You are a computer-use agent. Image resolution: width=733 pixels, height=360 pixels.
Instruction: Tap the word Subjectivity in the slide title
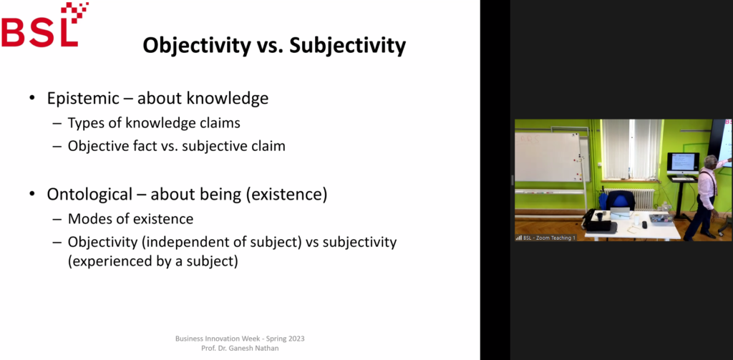[x=347, y=46]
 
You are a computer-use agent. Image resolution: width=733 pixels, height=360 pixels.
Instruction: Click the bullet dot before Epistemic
[x=31, y=99]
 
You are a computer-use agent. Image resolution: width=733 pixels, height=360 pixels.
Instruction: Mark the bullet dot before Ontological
[x=31, y=194]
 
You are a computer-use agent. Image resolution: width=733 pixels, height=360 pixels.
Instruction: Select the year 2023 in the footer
[x=296, y=339]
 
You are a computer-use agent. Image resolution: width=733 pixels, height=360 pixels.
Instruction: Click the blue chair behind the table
[x=621, y=201]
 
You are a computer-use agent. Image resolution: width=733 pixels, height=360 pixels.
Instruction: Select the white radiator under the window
[x=631, y=199]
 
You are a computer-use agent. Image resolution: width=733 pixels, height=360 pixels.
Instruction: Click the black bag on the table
[x=597, y=220]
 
